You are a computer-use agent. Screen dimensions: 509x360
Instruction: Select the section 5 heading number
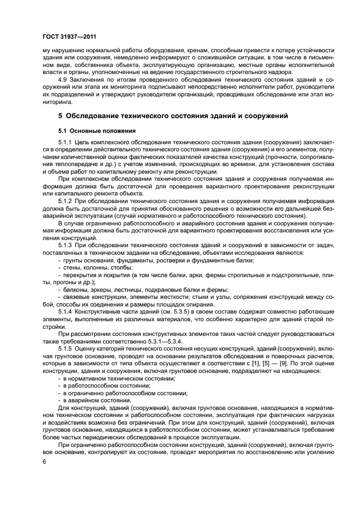click(x=60, y=116)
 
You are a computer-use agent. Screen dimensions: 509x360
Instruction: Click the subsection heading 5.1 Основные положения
click(x=94, y=131)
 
